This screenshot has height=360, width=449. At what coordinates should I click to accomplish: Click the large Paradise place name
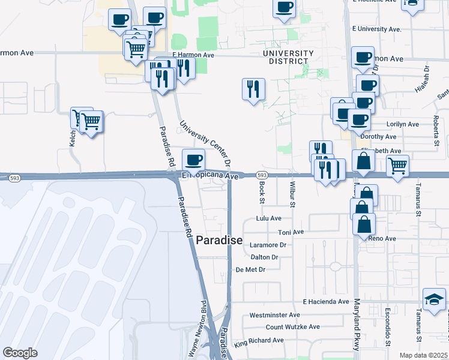[219, 241]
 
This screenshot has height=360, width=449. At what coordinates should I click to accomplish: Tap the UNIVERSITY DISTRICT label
[288, 58]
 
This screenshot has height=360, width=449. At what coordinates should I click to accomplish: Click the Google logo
[20, 353]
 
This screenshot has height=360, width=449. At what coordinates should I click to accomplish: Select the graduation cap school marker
[434, 299]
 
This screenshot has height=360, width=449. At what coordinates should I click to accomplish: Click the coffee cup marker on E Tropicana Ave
[193, 160]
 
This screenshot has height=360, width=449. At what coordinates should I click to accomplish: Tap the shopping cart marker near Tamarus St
[397, 166]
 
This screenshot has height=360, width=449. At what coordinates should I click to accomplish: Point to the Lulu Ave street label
[268, 219]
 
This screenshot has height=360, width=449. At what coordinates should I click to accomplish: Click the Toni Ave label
[291, 232]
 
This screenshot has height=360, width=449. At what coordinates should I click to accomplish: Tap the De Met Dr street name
[250, 269]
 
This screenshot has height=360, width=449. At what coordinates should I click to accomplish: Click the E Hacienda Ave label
[326, 301]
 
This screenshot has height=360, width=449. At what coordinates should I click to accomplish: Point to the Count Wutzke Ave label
[293, 326]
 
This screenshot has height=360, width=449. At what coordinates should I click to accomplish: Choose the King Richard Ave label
[259, 341]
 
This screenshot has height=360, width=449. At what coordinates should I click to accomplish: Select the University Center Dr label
[205, 143]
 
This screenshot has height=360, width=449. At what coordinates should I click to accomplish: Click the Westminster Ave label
[274, 314]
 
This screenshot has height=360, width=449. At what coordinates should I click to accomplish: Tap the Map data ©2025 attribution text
[423, 355]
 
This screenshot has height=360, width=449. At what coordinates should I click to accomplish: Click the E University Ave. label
[376, 29]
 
